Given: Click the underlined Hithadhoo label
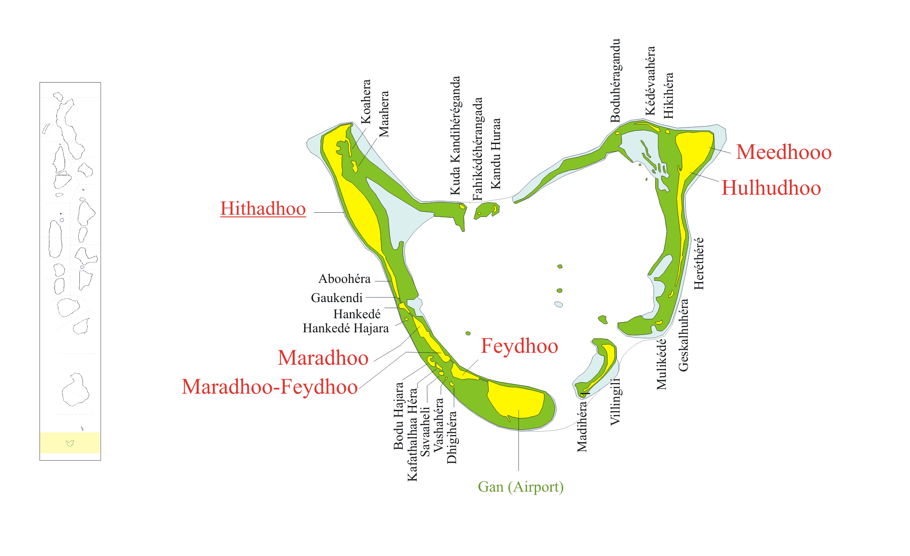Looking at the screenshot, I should click(x=263, y=209).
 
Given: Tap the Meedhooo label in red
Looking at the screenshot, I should click(x=783, y=152).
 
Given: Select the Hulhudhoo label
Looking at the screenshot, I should click(x=771, y=188).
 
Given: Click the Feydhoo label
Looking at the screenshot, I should click(x=519, y=346).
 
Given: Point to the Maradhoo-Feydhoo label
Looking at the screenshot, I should click(x=269, y=387).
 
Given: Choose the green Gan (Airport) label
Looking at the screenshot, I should click(x=521, y=487).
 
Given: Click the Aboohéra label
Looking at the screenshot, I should click(x=344, y=279).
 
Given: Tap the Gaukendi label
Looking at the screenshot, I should click(x=337, y=298).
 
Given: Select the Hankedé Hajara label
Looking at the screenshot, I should click(x=346, y=328).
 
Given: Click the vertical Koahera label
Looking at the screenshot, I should click(x=366, y=102).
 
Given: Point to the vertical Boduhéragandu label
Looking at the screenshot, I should click(x=615, y=81).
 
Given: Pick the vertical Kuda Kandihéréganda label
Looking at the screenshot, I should click(x=455, y=135).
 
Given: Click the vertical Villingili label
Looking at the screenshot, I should click(x=615, y=401).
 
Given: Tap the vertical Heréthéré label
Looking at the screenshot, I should click(x=699, y=264).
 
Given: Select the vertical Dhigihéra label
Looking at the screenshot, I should click(x=452, y=437).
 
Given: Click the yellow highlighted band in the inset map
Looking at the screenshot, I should click(x=70, y=443).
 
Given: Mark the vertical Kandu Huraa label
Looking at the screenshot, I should click(x=495, y=154).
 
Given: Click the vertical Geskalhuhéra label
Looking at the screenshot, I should click(x=683, y=335).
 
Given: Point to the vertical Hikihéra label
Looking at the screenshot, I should click(x=668, y=95).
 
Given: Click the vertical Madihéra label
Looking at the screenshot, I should click(x=582, y=426).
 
